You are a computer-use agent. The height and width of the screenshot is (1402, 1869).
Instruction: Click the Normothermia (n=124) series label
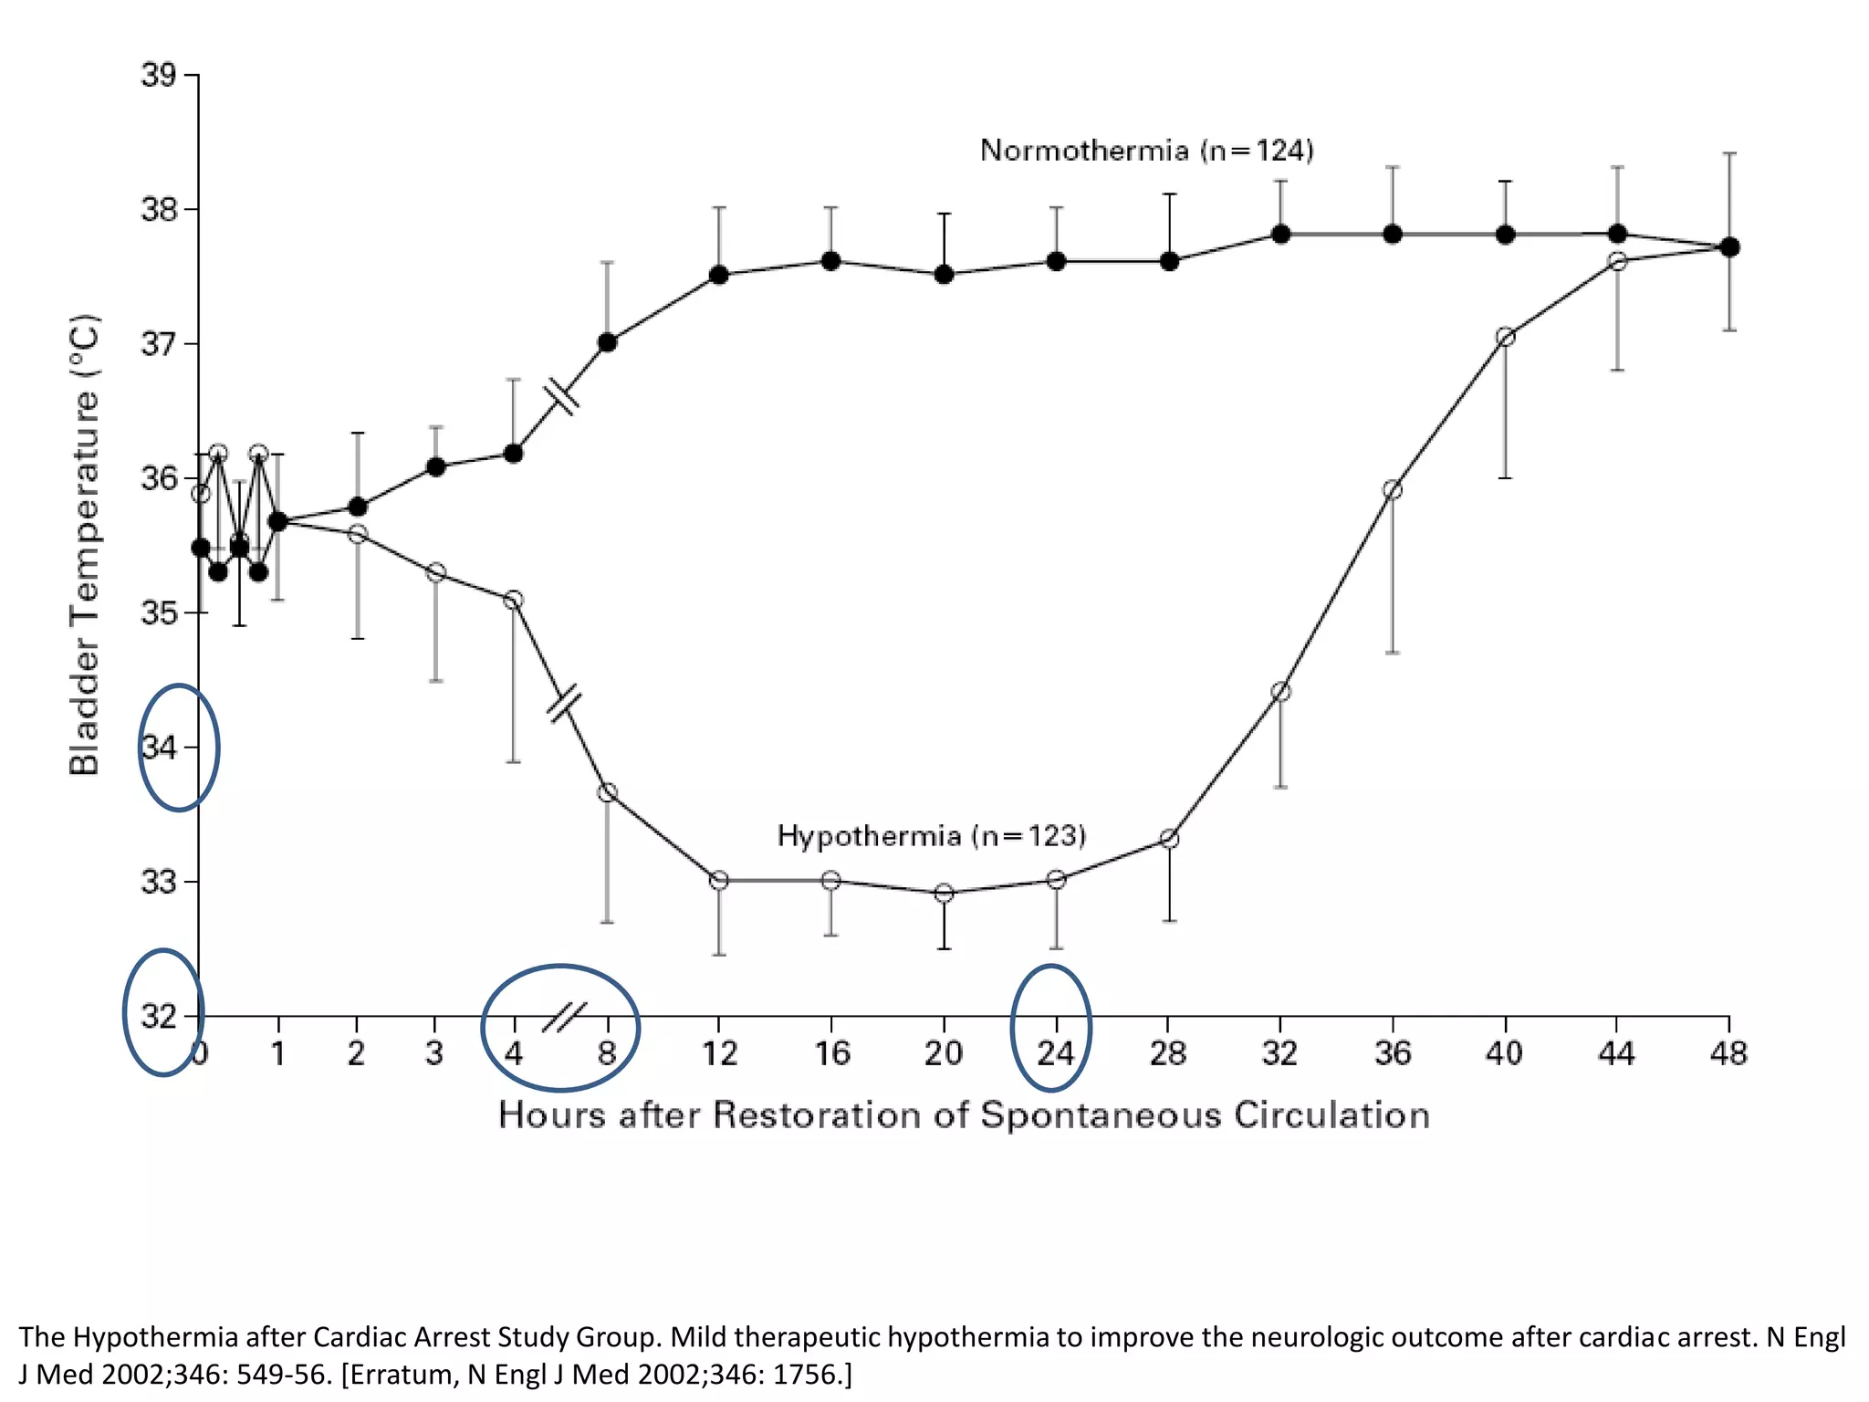point(1146,151)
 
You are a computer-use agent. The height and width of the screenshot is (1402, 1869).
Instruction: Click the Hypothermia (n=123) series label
point(931,836)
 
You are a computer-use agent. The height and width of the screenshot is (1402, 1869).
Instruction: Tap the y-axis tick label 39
point(158,75)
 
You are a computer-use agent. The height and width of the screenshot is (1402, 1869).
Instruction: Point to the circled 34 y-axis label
point(159,748)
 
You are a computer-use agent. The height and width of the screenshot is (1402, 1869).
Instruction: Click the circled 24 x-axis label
point(1055,1053)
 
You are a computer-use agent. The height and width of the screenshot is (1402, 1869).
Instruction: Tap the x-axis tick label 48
point(1728,1053)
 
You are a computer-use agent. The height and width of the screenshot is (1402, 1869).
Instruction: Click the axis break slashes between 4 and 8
point(563,1016)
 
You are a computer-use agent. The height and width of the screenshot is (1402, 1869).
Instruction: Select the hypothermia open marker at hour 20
point(945,893)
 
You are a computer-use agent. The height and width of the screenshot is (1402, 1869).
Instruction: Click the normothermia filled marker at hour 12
point(719,275)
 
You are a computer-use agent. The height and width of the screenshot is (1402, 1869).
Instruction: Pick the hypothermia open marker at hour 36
point(1393,490)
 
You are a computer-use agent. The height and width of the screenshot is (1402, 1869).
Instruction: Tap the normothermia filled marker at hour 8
point(607,342)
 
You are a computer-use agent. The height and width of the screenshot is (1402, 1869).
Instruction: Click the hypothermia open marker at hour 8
point(607,792)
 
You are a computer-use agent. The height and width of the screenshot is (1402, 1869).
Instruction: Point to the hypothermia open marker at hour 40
point(1506,337)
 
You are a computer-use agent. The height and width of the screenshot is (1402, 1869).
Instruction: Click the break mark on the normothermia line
point(561,397)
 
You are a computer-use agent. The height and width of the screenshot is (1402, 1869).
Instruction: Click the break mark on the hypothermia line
point(564,703)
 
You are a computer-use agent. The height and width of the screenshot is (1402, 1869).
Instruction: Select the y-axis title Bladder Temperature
point(84,545)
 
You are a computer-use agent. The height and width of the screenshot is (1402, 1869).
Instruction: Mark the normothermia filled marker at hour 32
point(1280,235)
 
